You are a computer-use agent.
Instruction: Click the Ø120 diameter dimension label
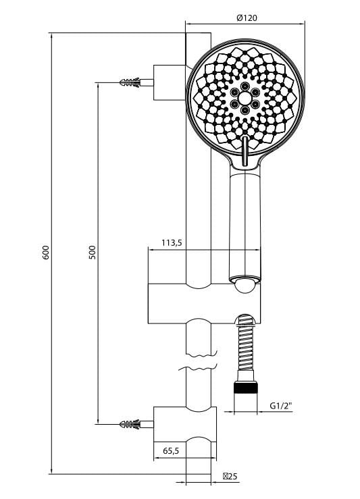pyautogui.click(x=247, y=18)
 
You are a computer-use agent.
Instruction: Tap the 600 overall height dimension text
pyautogui.click(x=45, y=253)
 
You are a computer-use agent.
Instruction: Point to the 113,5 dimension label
pyautogui.click(x=172, y=243)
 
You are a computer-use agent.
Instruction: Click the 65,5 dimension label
pyautogui.click(x=170, y=452)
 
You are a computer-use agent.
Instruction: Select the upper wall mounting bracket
pyautogui.click(x=169, y=82)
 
